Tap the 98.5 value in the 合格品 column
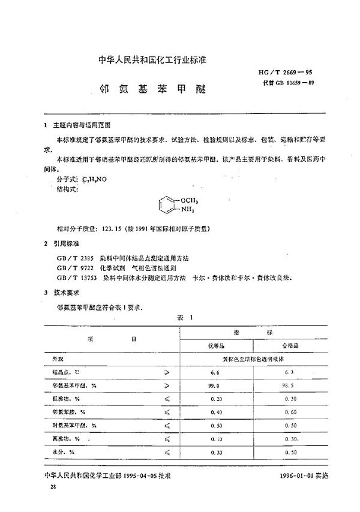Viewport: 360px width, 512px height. [x=289, y=386]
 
